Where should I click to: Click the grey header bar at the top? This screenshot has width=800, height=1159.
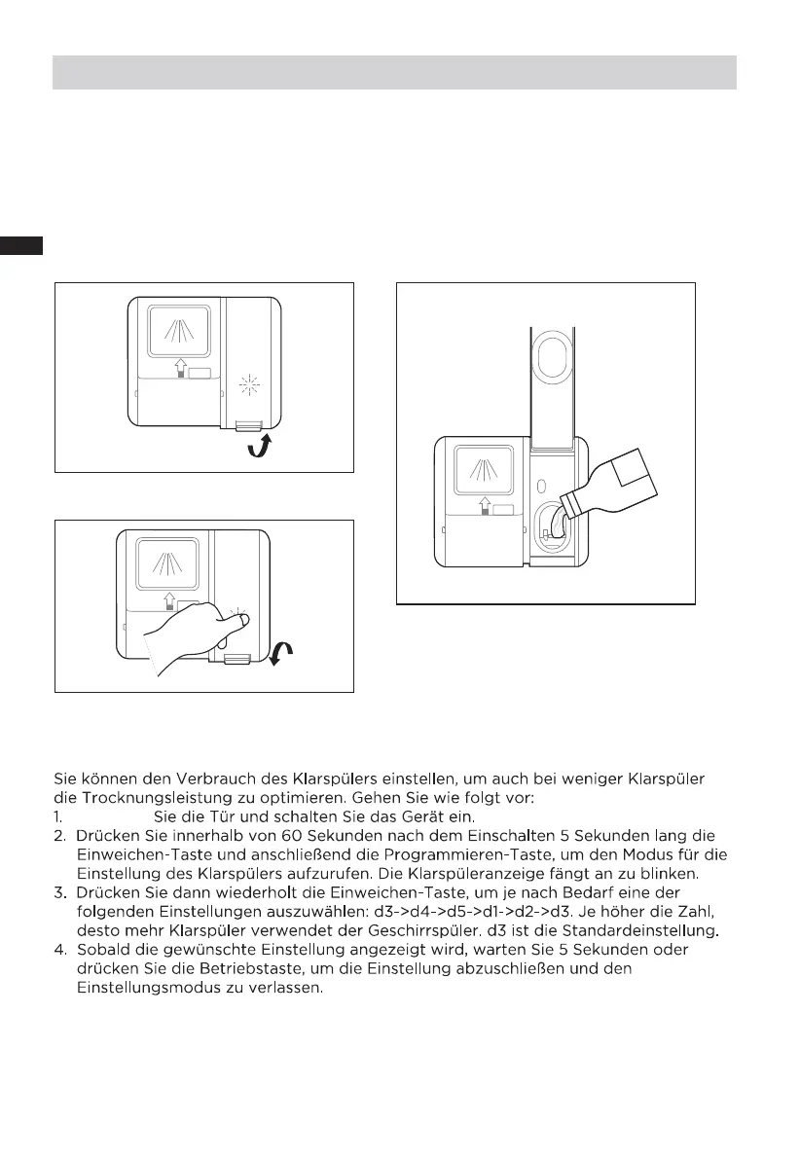393,72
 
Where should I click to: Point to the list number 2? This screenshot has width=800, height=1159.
58,835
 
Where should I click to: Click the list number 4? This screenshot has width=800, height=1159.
58,949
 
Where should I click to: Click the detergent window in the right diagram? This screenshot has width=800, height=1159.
484,471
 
